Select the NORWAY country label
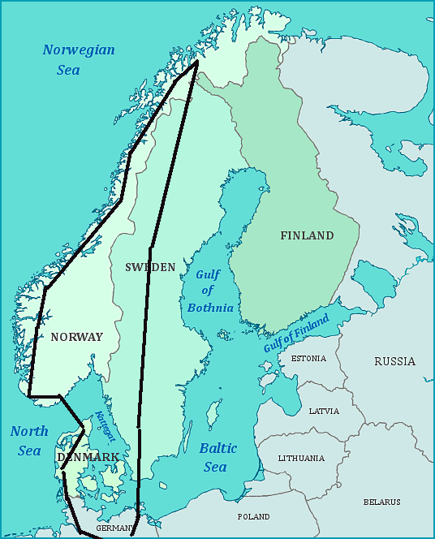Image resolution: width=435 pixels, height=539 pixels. [x=76, y=337]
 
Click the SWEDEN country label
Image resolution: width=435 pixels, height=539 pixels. [x=150, y=267]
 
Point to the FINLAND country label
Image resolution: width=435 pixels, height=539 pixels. [x=307, y=235]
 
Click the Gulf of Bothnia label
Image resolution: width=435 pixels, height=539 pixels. [x=210, y=291]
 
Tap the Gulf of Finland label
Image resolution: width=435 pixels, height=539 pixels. [x=296, y=333]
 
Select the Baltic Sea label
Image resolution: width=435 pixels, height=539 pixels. [x=217, y=457]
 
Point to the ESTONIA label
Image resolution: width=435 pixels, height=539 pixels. [x=308, y=358]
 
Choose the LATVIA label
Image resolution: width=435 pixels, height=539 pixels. [x=324, y=411]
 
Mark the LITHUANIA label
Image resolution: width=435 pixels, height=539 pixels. [x=301, y=458]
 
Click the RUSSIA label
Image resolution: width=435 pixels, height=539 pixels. [x=394, y=361]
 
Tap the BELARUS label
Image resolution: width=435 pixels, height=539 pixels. [x=381, y=502]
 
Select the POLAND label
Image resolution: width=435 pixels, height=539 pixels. [x=253, y=516]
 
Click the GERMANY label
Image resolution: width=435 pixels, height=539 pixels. [x=114, y=528]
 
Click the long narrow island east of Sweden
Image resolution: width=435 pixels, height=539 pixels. [x=214, y=414]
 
